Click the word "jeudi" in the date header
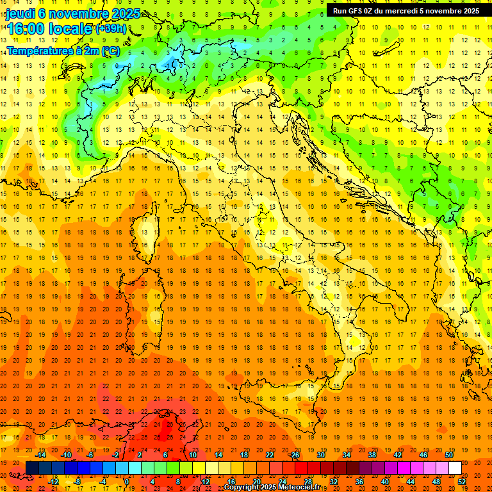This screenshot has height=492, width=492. pyautogui.click(x=20, y=13)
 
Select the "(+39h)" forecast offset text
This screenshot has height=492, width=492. pyautogui.click(x=111, y=28)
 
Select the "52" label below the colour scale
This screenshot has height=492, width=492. pyautogui.click(x=462, y=482)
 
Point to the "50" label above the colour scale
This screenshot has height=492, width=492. pyautogui.click(x=449, y=455)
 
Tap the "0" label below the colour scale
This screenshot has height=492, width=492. pyautogui.click(x=127, y=482)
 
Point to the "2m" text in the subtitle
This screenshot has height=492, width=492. pyautogui.click(x=92, y=50)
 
